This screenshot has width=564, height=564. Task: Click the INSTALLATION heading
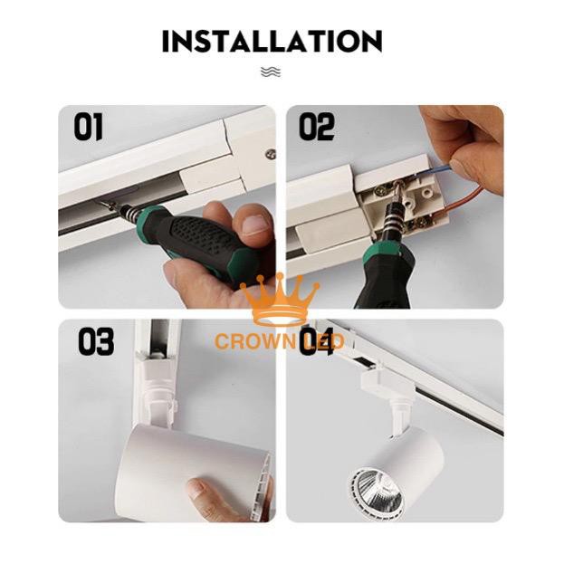pyautogui.click(x=272, y=41)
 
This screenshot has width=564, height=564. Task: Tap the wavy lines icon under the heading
pyautogui.click(x=271, y=72)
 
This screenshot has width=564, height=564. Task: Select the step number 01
pyautogui.click(x=88, y=127)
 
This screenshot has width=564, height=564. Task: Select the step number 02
pyautogui.click(x=317, y=127)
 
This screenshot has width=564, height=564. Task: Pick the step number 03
pyautogui.click(x=96, y=341)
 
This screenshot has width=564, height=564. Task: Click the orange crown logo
pyautogui.click(x=280, y=300)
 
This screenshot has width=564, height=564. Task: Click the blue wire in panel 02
pyautogui.click(x=434, y=170)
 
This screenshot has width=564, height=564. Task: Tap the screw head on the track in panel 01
pyautogui.click(x=271, y=155)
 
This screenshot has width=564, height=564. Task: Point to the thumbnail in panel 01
pyautogui.click(x=257, y=225)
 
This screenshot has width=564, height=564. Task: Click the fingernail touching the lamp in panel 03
pyautogui.click(x=197, y=489)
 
